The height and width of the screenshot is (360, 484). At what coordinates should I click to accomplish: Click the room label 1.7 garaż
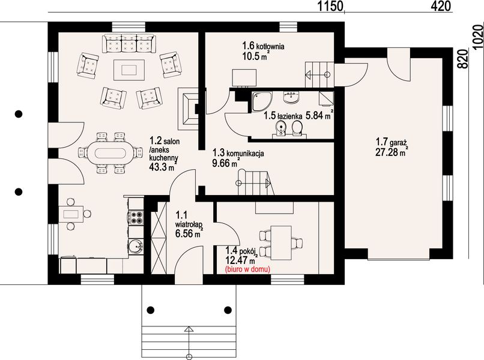pyautogui.click(x=392, y=143)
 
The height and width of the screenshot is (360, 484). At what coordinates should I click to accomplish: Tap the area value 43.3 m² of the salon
pyautogui.click(x=163, y=167)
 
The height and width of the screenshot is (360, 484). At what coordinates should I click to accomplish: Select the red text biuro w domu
pyautogui.click(x=247, y=269)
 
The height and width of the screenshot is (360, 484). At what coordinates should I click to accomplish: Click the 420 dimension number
pyautogui.click(x=441, y=6)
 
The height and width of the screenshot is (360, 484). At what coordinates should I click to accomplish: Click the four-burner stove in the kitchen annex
pyautogui.click(x=136, y=217)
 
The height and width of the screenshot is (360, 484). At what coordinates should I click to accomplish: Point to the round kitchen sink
pyautogui.click(x=136, y=247)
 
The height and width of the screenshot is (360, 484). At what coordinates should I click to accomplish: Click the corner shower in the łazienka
pyautogui.click(x=262, y=101)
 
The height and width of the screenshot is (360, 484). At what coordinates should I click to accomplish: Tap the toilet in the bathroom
pyautogui.click(x=297, y=128)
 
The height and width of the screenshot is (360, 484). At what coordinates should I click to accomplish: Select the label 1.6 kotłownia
pyautogui.click(x=263, y=46)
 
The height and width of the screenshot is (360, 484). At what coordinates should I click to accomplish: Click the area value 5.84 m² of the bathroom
pyautogui.click(x=319, y=115)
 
